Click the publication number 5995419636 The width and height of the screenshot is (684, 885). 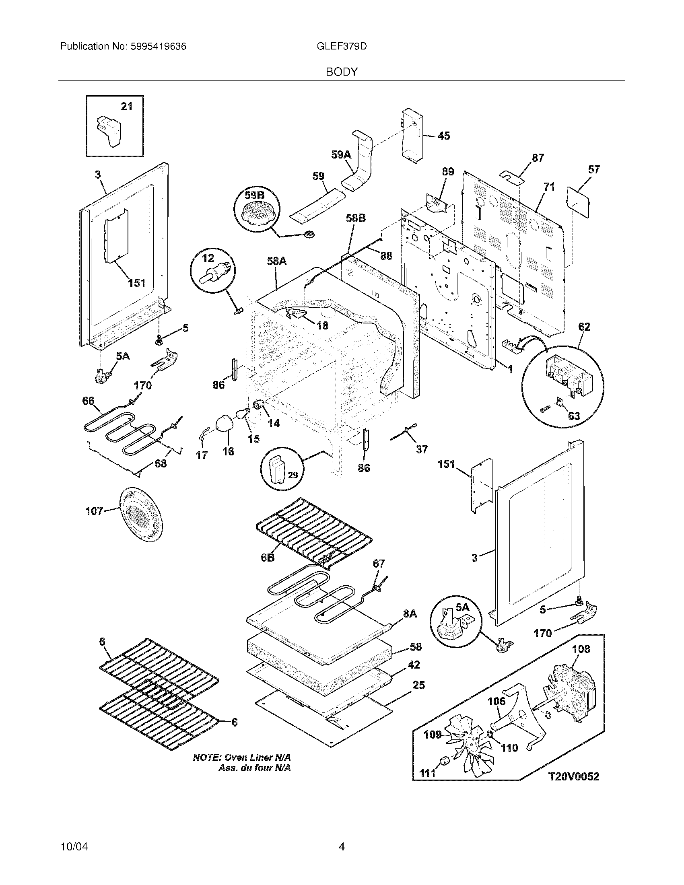tap(159, 47)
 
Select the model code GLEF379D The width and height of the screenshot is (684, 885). tap(342, 47)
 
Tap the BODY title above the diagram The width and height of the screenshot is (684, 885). tap(342, 72)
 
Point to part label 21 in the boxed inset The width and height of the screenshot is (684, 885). tap(127, 107)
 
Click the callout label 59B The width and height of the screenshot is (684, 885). tap(254, 196)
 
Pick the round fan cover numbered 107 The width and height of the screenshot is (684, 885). tap(141, 515)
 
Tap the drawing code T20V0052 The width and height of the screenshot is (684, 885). tap(573, 777)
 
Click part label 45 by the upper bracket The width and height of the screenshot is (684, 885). tap(444, 136)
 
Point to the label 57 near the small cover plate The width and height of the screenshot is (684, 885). tap(593, 169)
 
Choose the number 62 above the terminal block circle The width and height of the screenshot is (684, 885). tap(584, 327)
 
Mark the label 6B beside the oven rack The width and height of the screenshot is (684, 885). tap(268, 558)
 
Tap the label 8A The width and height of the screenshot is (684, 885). tap(410, 614)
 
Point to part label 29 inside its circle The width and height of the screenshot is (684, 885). tap(293, 475)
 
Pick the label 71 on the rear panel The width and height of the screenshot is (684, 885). tap(549, 187)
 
